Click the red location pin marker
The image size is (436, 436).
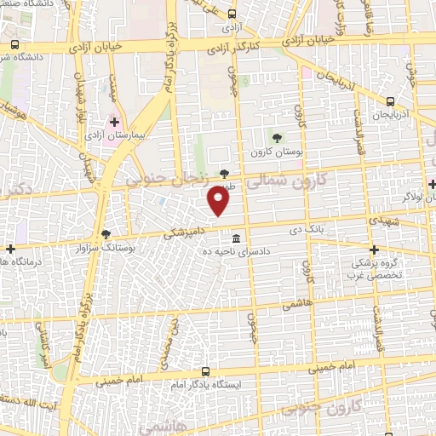point(219,202)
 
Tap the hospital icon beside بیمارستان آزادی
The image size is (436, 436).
point(115,122)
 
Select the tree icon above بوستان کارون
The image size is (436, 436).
point(276,137)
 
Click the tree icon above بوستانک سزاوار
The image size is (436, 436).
point(106,233)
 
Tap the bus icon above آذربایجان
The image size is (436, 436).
point(391,100)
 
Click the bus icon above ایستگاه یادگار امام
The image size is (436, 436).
point(204,371)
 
